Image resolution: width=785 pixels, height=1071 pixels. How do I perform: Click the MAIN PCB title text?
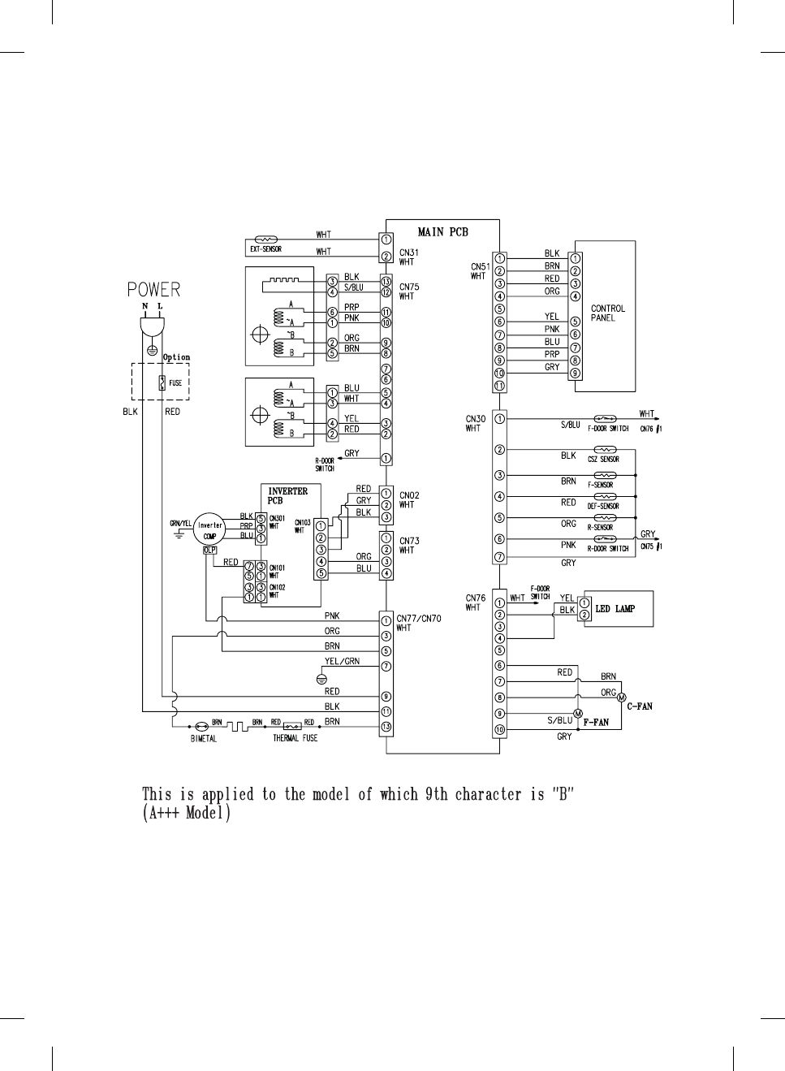[x=442, y=232]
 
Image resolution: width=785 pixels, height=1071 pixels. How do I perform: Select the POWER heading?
[x=153, y=290]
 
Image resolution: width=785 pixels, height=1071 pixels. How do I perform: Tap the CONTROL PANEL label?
[x=608, y=313]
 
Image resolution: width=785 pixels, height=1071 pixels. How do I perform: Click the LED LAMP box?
[x=615, y=609]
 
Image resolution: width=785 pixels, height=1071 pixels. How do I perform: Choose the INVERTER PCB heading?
[x=287, y=496]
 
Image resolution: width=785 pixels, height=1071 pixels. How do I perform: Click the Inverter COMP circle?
[x=210, y=530]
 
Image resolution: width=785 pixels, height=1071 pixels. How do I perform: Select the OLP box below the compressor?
[x=210, y=550]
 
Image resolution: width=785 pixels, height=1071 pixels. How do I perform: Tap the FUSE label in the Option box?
[x=175, y=383]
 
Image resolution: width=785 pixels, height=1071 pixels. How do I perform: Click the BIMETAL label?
[x=203, y=739]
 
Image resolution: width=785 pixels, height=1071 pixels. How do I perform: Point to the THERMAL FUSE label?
[x=295, y=739]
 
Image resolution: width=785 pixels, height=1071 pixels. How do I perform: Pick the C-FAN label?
[x=639, y=706]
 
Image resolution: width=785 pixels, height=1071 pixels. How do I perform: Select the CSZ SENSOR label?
[x=603, y=460]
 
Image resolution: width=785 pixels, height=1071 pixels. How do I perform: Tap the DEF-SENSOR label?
[x=603, y=507]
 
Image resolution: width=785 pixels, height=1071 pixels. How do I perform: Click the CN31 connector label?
[x=408, y=253]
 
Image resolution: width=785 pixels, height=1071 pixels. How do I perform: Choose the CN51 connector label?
[x=480, y=266]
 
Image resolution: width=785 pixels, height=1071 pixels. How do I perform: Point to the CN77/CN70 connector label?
[x=418, y=619]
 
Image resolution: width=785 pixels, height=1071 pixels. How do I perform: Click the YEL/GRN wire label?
[x=342, y=662]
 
